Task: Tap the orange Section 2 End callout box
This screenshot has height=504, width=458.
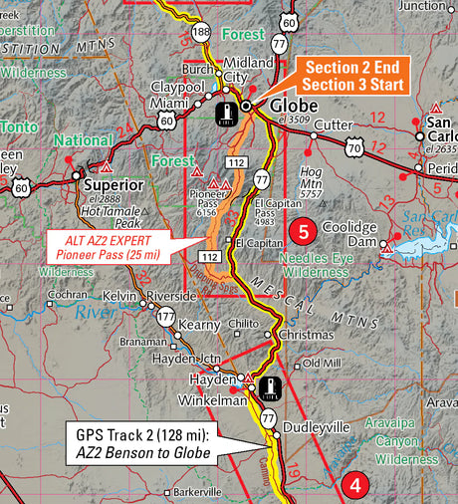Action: (x=354, y=76)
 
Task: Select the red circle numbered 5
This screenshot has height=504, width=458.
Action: (x=304, y=233)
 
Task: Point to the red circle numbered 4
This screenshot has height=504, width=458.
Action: (x=353, y=485)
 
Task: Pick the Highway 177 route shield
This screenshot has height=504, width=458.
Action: (x=164, y=318)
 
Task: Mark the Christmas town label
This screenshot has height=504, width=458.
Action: (x=306, y=335)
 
